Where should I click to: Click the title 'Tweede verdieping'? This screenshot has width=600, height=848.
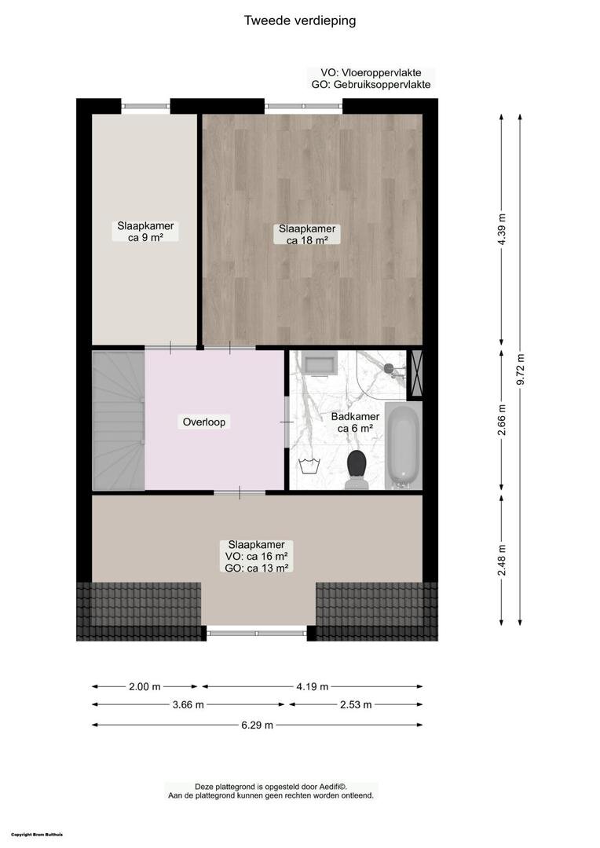point(300,20)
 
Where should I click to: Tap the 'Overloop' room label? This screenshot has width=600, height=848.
point(204,422)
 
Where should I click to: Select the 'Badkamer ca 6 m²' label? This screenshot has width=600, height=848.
point(355,422)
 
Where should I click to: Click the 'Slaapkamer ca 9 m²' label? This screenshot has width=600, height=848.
point(145,232)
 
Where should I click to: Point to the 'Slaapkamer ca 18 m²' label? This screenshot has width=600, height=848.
point(307,234)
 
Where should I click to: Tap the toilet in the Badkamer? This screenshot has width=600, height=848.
point(357,469)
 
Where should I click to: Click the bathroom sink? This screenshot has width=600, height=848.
point(320,362)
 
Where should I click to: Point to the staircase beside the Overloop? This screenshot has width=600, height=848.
point(118,421)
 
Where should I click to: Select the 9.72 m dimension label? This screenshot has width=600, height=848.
point(521,369)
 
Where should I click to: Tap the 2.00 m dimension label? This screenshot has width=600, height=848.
point(145,687)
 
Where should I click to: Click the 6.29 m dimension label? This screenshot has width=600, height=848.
point(257,725)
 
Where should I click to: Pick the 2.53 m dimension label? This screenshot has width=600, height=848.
point(356,704)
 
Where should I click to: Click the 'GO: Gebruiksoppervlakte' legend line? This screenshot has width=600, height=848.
point(371,84)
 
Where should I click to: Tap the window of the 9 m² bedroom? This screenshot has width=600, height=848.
point(145,106)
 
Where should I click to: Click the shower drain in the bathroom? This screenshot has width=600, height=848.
point(389,368)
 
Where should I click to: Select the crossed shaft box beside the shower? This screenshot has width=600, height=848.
point(416,375)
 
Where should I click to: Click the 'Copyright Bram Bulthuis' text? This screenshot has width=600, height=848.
point(37,835)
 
